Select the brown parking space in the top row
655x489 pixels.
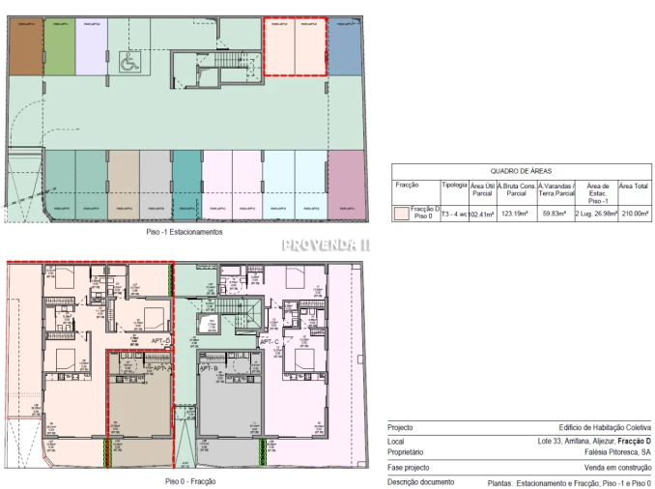25,48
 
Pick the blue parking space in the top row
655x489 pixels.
343,49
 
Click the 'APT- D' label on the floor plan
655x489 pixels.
160,342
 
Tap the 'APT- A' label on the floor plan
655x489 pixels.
162,368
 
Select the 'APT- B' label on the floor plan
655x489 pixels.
210,368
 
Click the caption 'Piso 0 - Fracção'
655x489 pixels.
189,480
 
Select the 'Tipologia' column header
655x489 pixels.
454,183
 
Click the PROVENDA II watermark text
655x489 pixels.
327,245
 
